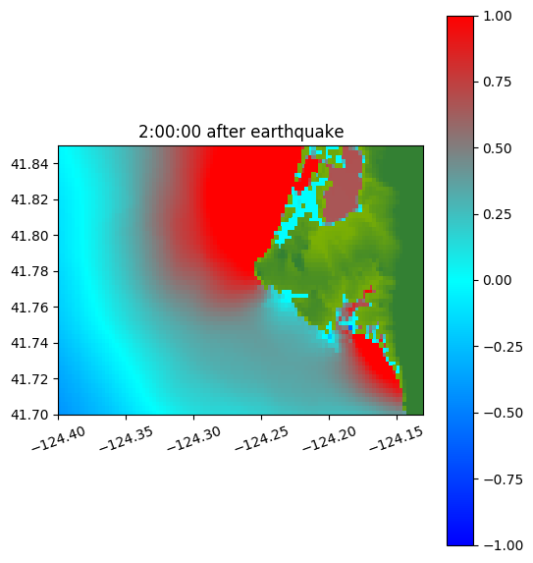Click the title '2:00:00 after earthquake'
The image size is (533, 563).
click(241, 132)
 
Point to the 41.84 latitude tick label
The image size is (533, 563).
click(29, 164)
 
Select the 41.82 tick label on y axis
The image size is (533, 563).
click(29, 199)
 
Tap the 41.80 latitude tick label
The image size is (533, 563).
click(29, 236)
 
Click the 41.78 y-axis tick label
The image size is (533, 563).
click(29, 271)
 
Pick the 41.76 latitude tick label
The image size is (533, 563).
click(29, 308)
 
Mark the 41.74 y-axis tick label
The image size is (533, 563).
click(29, 343)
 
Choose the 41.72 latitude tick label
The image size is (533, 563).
click(29, 379)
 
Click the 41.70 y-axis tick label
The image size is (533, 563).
click(29, 415)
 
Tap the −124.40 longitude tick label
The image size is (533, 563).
click(59, 438)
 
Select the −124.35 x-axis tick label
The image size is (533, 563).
click(126, 438)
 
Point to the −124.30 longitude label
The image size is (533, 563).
click(193, 438)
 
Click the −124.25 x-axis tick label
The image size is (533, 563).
click(261, 438)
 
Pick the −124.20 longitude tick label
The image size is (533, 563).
click(329, 438)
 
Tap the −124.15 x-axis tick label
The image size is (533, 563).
click(397, 438)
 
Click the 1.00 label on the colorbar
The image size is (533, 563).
click(497, 16)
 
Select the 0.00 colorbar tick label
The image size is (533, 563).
click(497, 280)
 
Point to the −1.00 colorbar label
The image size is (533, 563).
click(504, 545)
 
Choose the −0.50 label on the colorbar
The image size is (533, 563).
click(504, 413)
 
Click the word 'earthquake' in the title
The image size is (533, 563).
click(297, 132)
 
